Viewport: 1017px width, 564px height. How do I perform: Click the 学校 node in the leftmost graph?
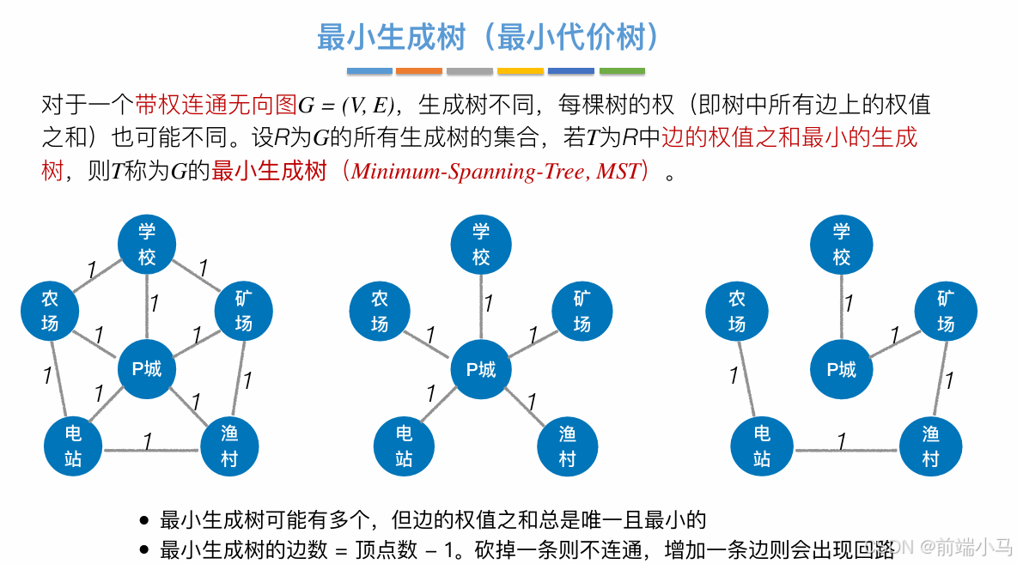tap(147, 244)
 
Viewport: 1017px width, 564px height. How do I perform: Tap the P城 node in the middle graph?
tap(481, 369)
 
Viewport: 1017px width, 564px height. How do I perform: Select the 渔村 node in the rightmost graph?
tap(930, 447)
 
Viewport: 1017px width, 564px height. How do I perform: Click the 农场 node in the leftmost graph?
tap(50, 311)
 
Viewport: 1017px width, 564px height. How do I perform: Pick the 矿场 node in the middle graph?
tap(582, 311)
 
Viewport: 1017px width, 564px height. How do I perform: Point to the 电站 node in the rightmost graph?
tap(761, 447)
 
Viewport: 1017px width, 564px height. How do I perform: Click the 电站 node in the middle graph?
tap(404, 446)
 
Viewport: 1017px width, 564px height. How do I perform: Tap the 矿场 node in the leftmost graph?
tap(243, 311)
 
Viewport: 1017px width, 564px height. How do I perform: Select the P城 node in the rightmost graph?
tap(841, 369)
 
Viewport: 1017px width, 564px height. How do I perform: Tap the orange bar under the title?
tap(419, 71)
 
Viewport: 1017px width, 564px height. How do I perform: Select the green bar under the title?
tap(622, 71)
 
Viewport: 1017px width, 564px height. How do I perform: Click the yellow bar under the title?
tap(521, 71)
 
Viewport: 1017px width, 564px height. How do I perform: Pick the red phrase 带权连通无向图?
tap(215, 106)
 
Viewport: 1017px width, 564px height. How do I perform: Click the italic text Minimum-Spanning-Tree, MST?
tap(496, 171)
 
